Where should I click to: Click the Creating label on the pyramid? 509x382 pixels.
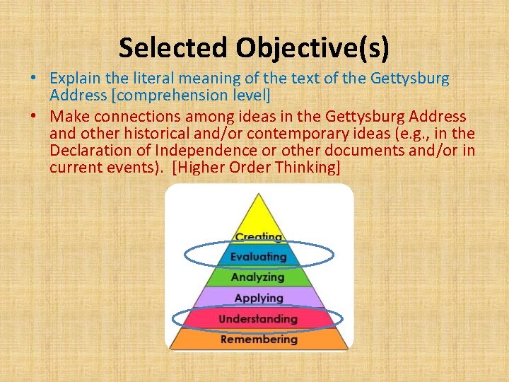(258, 237)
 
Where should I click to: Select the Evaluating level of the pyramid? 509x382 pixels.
(258, 256)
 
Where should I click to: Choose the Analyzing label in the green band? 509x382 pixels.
(258, 277)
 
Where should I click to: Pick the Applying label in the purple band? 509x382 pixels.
(258, 298)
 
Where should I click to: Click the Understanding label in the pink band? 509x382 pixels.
(258, 319)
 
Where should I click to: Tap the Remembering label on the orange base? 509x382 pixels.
(258, 340)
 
